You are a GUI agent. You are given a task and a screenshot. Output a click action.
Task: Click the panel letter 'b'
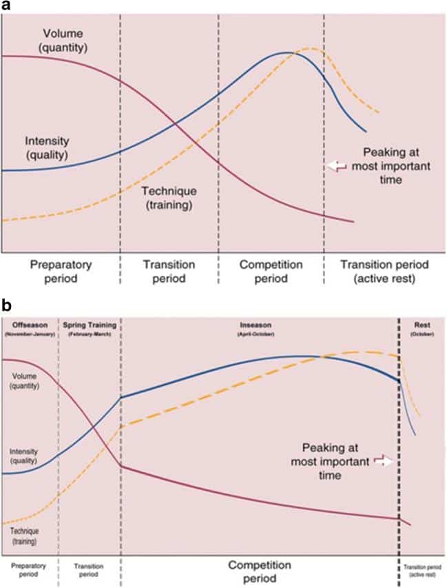pos(6,303)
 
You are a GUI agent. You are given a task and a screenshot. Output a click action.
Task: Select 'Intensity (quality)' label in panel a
pos(46,148)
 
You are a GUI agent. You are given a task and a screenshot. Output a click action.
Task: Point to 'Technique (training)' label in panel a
pos(169,198)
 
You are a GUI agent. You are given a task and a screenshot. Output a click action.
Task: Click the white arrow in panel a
pos(337,165)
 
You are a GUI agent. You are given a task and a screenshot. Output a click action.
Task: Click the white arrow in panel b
pos(384,463)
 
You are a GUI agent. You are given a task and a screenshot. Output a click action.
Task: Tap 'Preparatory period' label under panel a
pos(59,272)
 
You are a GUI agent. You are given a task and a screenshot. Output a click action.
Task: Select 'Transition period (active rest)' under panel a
pos(385,272)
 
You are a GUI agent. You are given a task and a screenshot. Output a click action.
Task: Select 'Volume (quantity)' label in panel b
pos(24,381)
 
